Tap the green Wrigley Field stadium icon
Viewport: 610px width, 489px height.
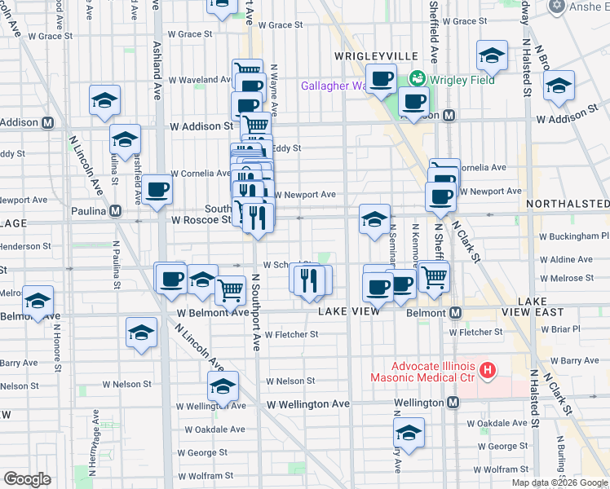pos(418,79)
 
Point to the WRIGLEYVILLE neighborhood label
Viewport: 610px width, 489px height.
pos(377,55)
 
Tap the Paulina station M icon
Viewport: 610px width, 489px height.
pos(116,211)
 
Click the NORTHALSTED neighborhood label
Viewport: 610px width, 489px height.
pos(572,203)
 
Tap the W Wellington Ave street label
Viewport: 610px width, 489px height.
pos(307,403)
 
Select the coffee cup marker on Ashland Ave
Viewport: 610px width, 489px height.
pos(158,190)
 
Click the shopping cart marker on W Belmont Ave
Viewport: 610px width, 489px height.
pos(231,289)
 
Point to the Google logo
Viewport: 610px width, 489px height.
pos(28,479)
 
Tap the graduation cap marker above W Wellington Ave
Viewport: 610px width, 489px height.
pos(223,386)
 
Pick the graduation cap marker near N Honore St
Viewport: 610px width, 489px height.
pos(38,302)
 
